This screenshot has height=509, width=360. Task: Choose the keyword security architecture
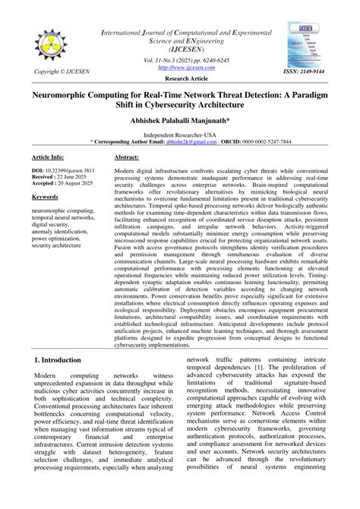coord(63,245)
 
